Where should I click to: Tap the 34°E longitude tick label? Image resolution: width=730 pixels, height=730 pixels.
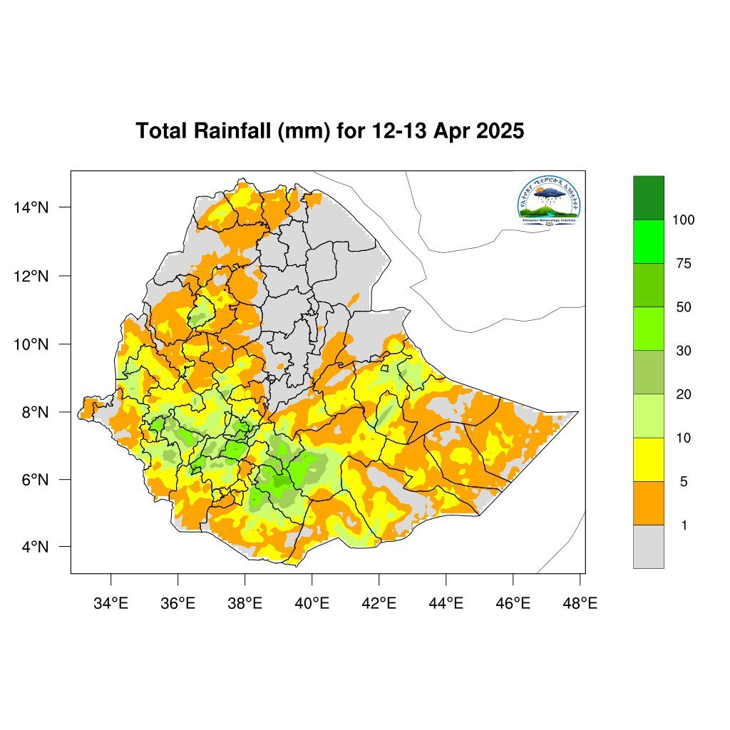110,604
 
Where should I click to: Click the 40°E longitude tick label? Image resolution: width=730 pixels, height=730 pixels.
312,604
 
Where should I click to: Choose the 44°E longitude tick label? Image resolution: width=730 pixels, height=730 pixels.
446,604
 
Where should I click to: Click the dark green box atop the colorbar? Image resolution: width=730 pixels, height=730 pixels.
648,197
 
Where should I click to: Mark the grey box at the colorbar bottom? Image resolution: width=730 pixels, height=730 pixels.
648,547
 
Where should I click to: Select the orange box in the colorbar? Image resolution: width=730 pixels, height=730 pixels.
648,503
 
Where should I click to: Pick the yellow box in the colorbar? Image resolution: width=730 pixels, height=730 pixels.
648,460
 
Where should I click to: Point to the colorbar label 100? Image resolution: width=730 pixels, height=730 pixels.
684,220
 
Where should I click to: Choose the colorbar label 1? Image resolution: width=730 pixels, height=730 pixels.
684,525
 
